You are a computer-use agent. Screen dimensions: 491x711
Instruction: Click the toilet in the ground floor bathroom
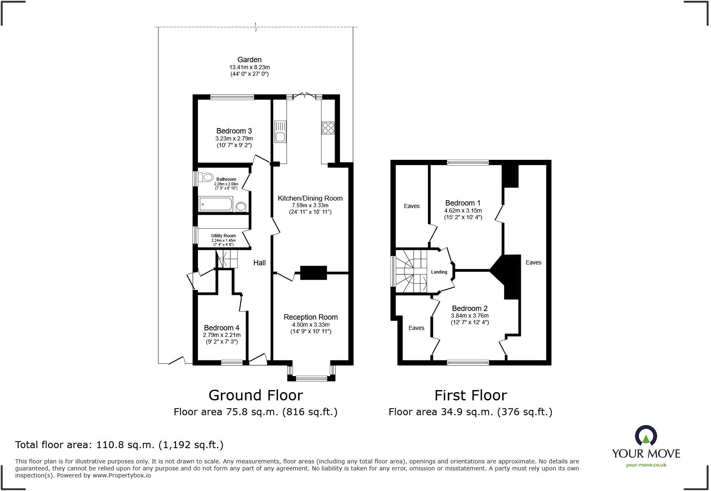click(205, 178)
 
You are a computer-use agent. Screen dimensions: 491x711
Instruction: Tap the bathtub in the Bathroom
click(216, 204)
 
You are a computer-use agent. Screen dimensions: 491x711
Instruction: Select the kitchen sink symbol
click(280, 131)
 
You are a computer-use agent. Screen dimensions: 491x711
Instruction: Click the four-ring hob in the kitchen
click(328, 128)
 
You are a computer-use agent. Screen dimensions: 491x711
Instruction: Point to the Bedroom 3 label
click(234, 131)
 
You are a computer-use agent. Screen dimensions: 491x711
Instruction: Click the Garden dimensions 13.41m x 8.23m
click(249, 67)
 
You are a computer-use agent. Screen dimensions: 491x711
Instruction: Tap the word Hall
click(259, 263)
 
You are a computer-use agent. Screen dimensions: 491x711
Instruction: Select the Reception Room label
click(311, 317)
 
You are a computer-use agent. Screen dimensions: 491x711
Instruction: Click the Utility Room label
click(223, 236)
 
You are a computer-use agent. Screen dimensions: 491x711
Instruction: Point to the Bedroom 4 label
click(221, 328)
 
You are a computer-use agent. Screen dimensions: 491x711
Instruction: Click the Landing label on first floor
click(439, 272)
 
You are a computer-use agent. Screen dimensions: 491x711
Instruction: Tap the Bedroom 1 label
click(462, 203)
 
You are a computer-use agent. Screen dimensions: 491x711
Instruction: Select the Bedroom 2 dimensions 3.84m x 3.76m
click(469, 316)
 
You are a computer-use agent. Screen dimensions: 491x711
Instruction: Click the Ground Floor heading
click(256, 395)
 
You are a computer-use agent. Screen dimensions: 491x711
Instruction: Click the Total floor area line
click(119, 445)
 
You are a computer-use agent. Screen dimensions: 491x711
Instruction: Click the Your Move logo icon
click(646, 436)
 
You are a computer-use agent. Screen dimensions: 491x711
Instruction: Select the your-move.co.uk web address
click(646, 465)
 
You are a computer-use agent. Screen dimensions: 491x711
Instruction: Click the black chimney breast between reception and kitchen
click(313, 273)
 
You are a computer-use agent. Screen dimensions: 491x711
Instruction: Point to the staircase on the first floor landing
click(411, 272)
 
